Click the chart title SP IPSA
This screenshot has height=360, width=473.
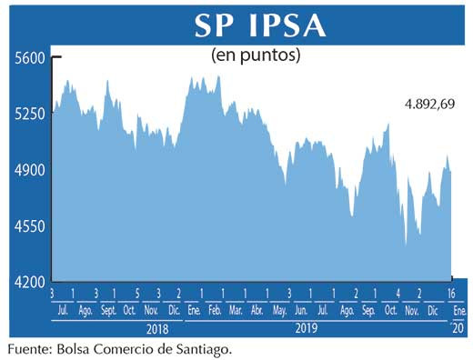pos(260,25)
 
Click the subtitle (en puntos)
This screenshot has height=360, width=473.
pos(256,55)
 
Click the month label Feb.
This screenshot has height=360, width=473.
pos(215,310)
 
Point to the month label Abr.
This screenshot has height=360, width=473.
pos(257,310)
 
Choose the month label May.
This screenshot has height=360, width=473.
pos(279,310)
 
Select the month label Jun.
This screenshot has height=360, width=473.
pos(301,310)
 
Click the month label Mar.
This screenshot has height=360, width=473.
pos(236,310)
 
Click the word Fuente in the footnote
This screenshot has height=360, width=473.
pos(28,348)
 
